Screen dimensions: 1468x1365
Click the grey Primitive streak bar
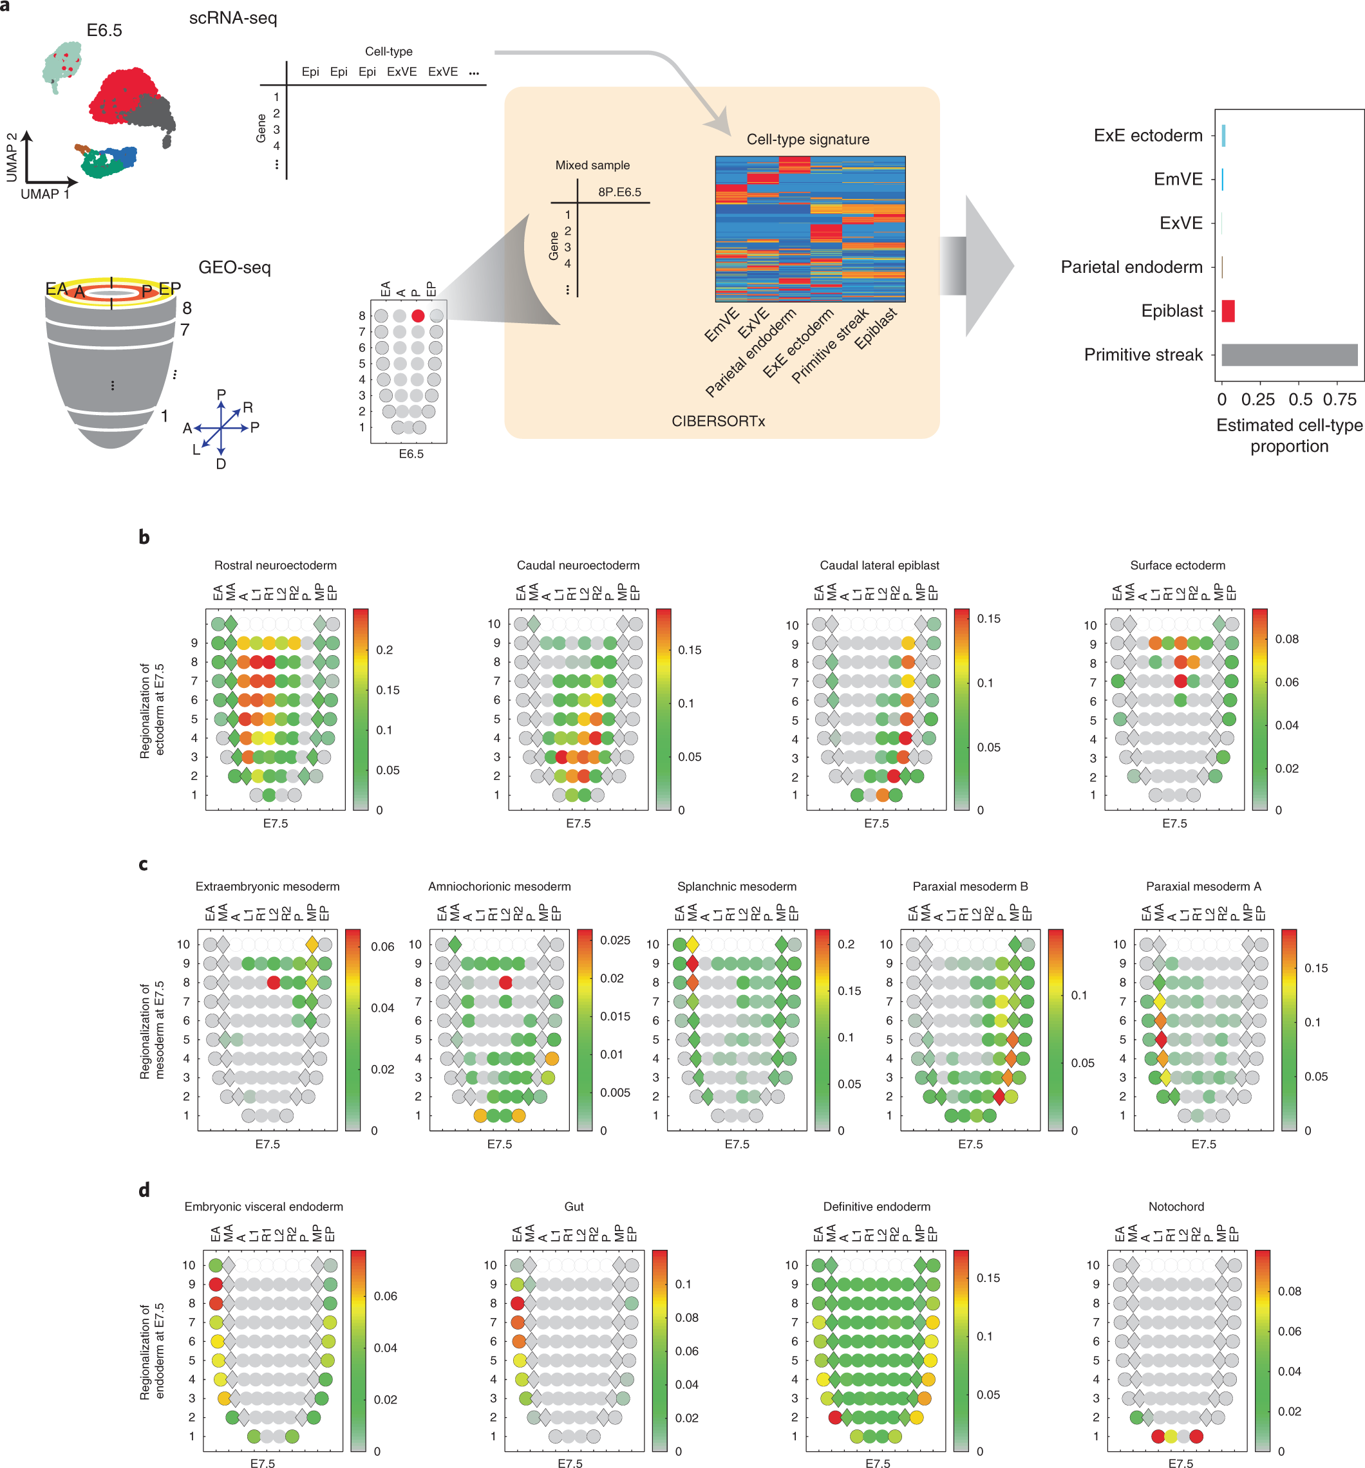tap(1289, 355)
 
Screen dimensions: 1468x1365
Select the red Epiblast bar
tap(1228, 311)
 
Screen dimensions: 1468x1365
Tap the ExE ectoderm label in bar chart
tap(1148, 136)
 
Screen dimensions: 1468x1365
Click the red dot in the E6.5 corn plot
tap(418, 315)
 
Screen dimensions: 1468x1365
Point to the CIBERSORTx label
tap(718, 421)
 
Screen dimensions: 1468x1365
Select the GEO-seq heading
tap(234, 267)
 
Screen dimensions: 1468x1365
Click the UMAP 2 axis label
tap(12, 157)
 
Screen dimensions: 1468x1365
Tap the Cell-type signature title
tap(807, 140)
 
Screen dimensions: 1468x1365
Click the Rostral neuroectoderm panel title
tap(276, 565)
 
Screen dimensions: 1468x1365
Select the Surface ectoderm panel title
tap(1178, 565)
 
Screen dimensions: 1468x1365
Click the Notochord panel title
tap(1176, 1207)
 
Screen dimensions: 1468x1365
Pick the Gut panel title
tap(574, 1207)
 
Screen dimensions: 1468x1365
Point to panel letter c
tap(144, 864)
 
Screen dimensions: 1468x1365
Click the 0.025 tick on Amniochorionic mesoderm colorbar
tap(616, 940)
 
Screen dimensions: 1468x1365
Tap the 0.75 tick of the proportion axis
tap(1339, 400)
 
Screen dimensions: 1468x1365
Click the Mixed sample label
tap(592, 165)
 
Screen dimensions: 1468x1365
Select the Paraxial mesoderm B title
tap(970, 886)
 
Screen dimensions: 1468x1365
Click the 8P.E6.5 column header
tap(619, 192)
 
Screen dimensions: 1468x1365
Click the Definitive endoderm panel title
tap(877, 1207)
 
